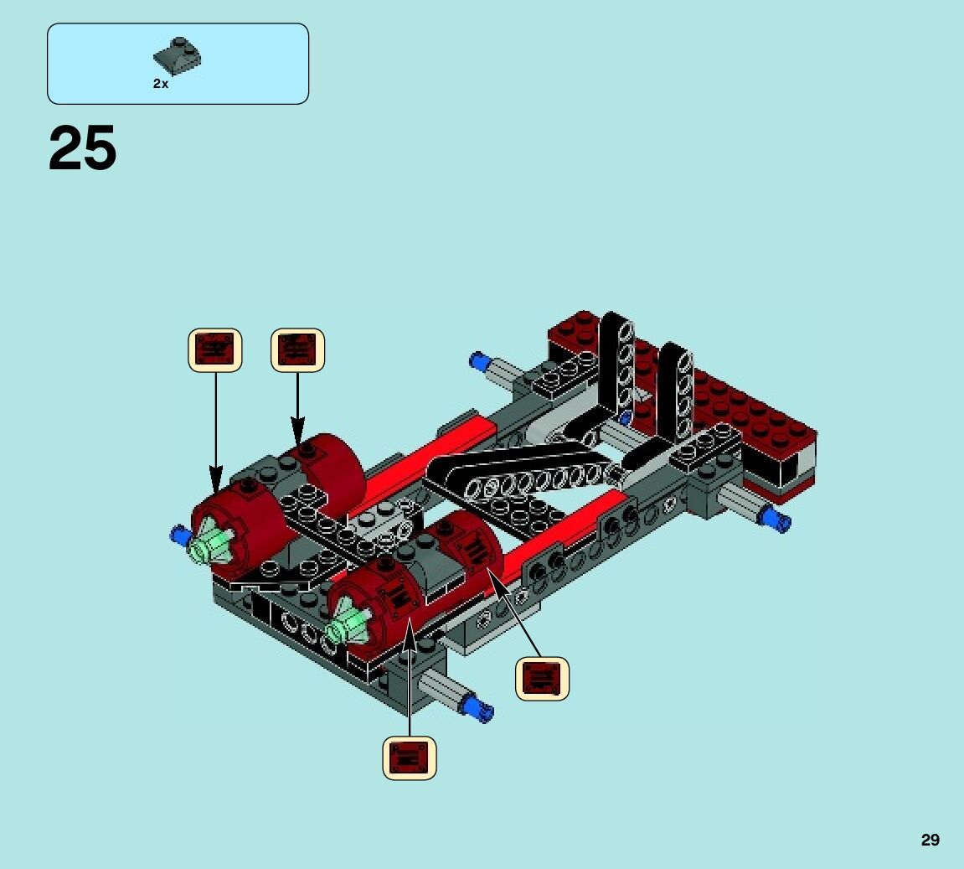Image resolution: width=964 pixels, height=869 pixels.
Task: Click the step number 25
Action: click(82, 148)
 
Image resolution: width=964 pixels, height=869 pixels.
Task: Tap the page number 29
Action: click(930, 840)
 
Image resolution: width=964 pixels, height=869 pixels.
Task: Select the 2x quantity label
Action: click(161, 84)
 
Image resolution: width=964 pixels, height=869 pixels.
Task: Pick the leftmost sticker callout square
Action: click(215, 350)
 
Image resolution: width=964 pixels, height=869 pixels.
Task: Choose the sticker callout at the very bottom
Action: click(410, 758)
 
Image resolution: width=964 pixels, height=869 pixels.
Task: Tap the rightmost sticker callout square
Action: click(542, 678)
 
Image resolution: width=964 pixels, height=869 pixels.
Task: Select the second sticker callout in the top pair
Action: click(297, 350)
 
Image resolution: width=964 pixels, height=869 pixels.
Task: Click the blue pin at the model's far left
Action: click(179, 535)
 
